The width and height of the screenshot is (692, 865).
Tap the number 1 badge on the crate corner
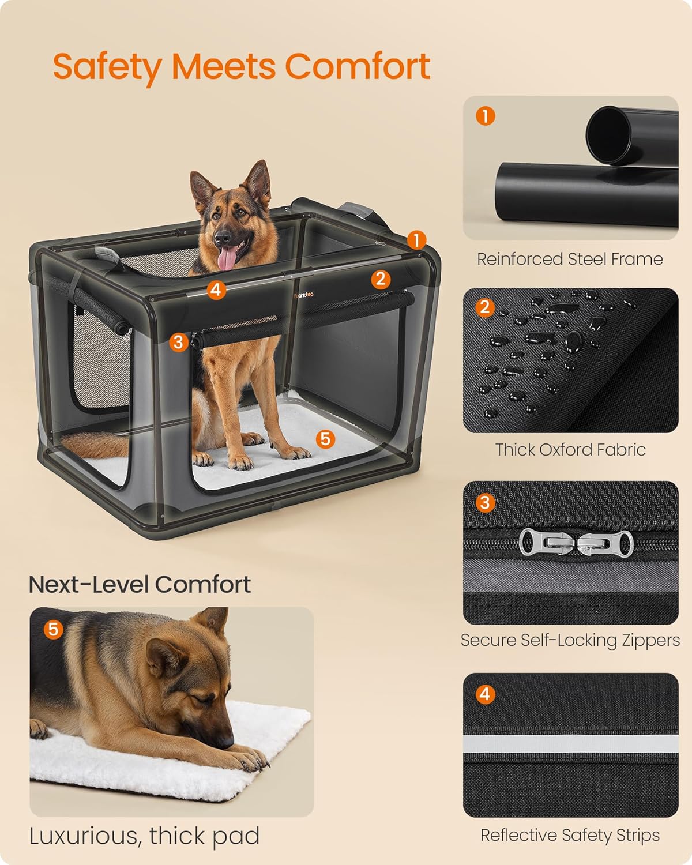point(416,240)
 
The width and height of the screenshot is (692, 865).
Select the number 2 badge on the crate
point(379,279)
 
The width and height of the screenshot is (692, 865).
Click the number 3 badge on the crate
point(178,342)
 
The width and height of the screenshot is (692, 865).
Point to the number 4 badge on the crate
point(216,289)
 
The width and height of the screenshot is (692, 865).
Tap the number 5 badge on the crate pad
point(325,439)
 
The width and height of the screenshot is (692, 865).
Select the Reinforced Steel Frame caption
point(570,259)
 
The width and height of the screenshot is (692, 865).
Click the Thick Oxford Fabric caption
point(570,449)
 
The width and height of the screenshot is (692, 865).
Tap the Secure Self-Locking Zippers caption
point(570,640)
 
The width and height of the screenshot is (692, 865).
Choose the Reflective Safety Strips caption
point(570,835)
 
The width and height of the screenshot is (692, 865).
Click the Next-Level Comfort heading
point(140,584)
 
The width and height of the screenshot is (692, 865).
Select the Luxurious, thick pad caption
point(144,836)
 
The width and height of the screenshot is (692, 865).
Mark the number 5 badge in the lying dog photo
point(53,629)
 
